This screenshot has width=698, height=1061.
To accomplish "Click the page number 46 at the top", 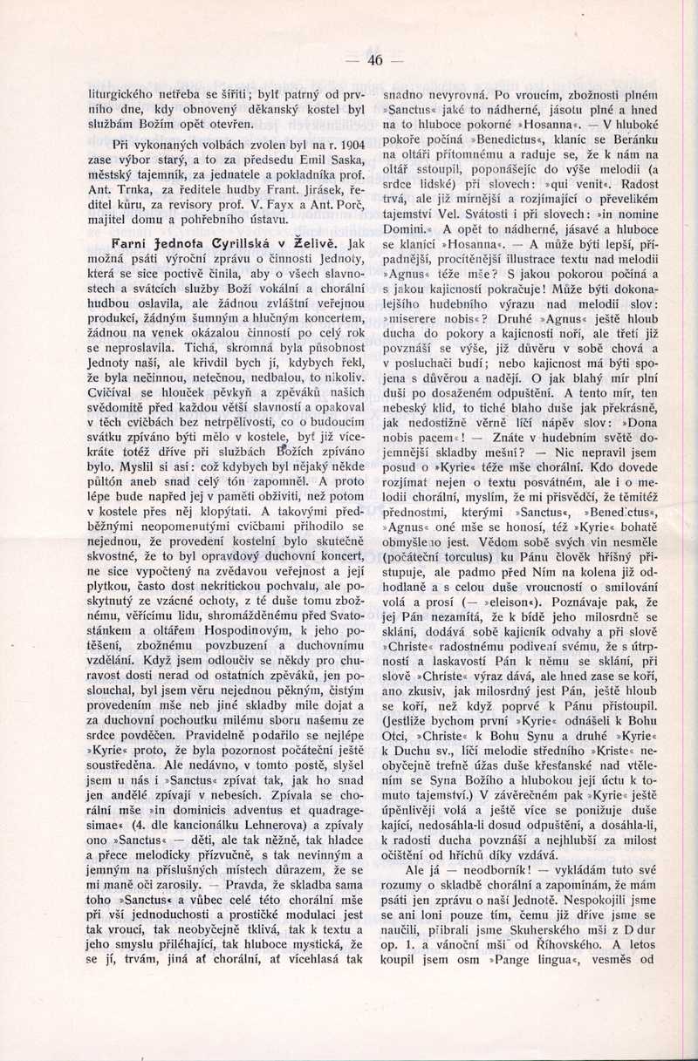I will tap(376, 60).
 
